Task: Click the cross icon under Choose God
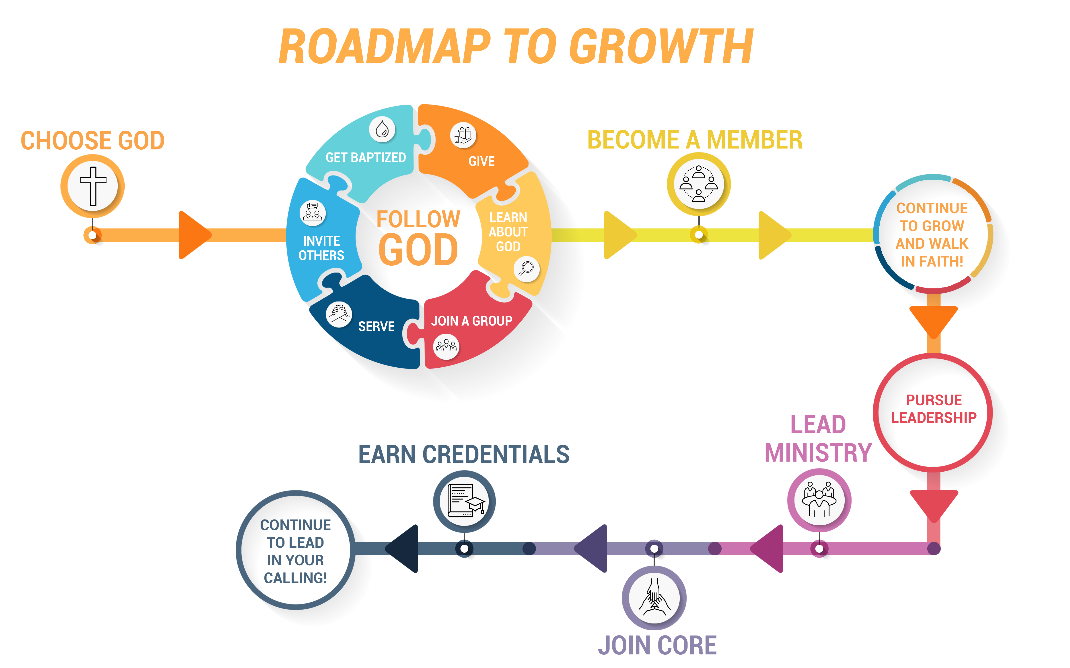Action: [x=93, y=186]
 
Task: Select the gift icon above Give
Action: [x=463, y=135]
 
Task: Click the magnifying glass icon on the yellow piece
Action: [x=526, y=268]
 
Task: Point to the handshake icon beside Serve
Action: [x=339, y=314]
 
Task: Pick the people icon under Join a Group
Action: [x=446, y=346]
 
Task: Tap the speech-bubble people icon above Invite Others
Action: [x=313, y=212]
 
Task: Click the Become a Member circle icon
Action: [x=699, y=184]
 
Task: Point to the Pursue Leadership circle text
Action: [x=933, y=409]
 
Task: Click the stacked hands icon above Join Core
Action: [x=654, y=598]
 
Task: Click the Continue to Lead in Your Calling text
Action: [x=295, y=551]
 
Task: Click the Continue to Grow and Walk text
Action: [x=932, y=235]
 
